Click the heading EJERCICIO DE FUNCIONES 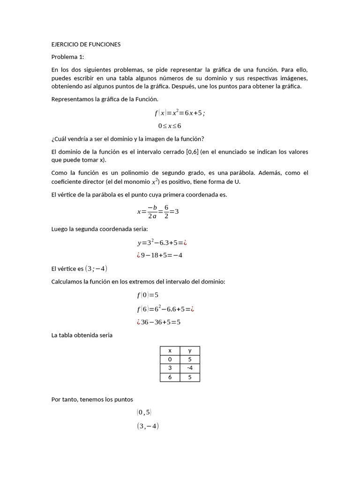(86, 45)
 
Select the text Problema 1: (67, 57)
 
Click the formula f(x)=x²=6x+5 (180, 113)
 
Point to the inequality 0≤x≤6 (170, 126)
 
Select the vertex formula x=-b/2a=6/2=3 (158, 211)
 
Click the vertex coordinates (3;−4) (96, 269)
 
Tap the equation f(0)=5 (148, 295)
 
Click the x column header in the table (170, 351)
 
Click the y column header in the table (190, 351)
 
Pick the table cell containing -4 (190, 368)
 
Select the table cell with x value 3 (170, 368)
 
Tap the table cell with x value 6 (170, 377)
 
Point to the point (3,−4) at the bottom (148, 426)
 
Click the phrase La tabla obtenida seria (82, 335)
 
